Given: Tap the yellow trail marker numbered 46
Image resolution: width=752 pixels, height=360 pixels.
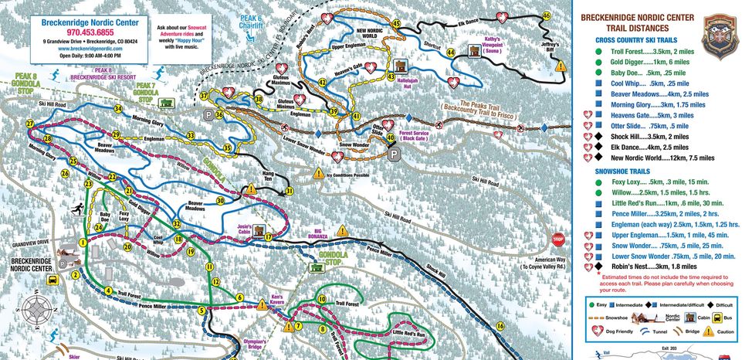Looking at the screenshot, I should click(547, 15).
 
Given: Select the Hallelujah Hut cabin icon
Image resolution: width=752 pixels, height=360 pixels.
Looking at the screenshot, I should click(401, 67).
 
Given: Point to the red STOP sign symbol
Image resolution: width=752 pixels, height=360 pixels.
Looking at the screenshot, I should click(559, 239).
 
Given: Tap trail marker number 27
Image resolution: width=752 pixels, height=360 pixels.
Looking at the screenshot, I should click(29, 124).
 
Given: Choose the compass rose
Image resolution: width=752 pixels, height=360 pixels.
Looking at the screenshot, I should click(34, 310).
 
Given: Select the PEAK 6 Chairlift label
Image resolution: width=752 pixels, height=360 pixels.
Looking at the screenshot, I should click(250, 20).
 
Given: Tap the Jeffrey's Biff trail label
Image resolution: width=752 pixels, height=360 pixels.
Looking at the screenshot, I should click(549, 49).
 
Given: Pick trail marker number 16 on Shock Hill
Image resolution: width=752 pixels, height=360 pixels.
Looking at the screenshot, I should click(500, 326).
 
